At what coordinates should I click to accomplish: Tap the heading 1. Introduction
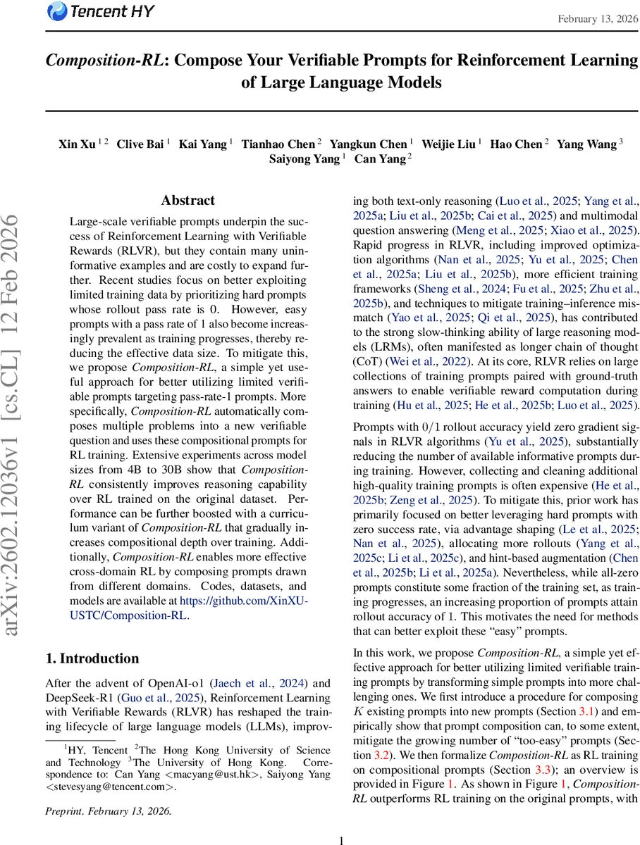click(x=92, y=658)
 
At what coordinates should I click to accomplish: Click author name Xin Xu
click(x=78, y=144)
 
